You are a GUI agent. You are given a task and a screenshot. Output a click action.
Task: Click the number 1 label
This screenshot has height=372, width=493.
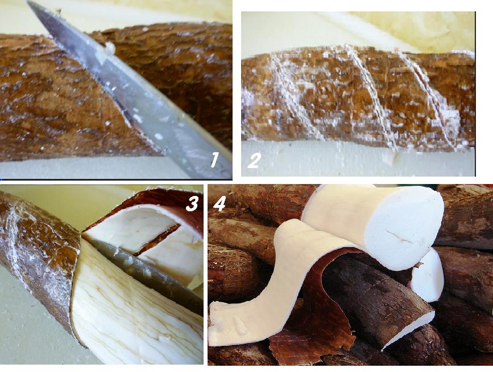point(214,160)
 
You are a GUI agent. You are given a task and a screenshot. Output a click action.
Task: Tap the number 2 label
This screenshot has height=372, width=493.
point(254,161)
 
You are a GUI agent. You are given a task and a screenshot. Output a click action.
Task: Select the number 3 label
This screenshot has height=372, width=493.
point(192,203)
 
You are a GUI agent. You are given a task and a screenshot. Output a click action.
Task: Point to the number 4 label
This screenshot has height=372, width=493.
point(219,203)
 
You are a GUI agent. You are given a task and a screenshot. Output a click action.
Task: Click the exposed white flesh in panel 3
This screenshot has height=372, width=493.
point(136,318)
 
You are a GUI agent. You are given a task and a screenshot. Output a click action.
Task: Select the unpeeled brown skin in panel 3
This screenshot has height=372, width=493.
point(34,256)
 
